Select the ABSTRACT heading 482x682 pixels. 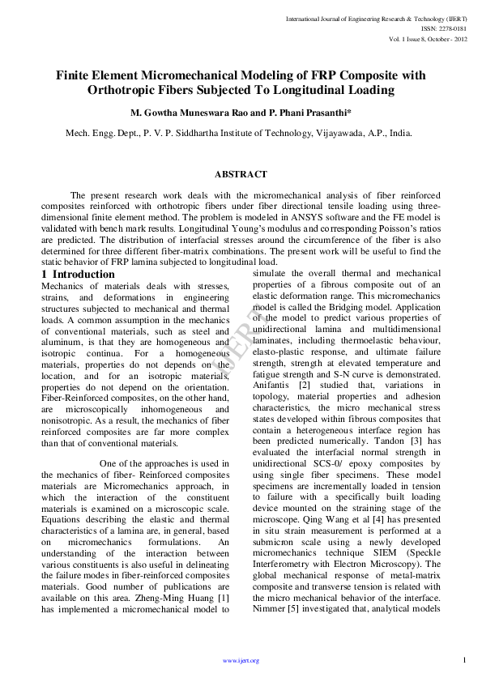pos(241,174)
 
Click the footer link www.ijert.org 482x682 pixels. pos(241,661)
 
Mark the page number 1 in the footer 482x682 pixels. pos(465,660)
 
